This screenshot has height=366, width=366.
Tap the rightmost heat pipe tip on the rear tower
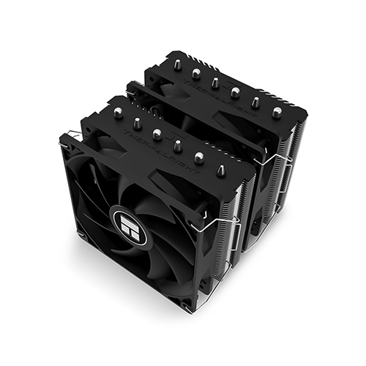[277, 112]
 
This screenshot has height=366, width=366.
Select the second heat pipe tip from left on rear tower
[197, 72]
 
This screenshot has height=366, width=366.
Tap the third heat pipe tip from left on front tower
[157, 133]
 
